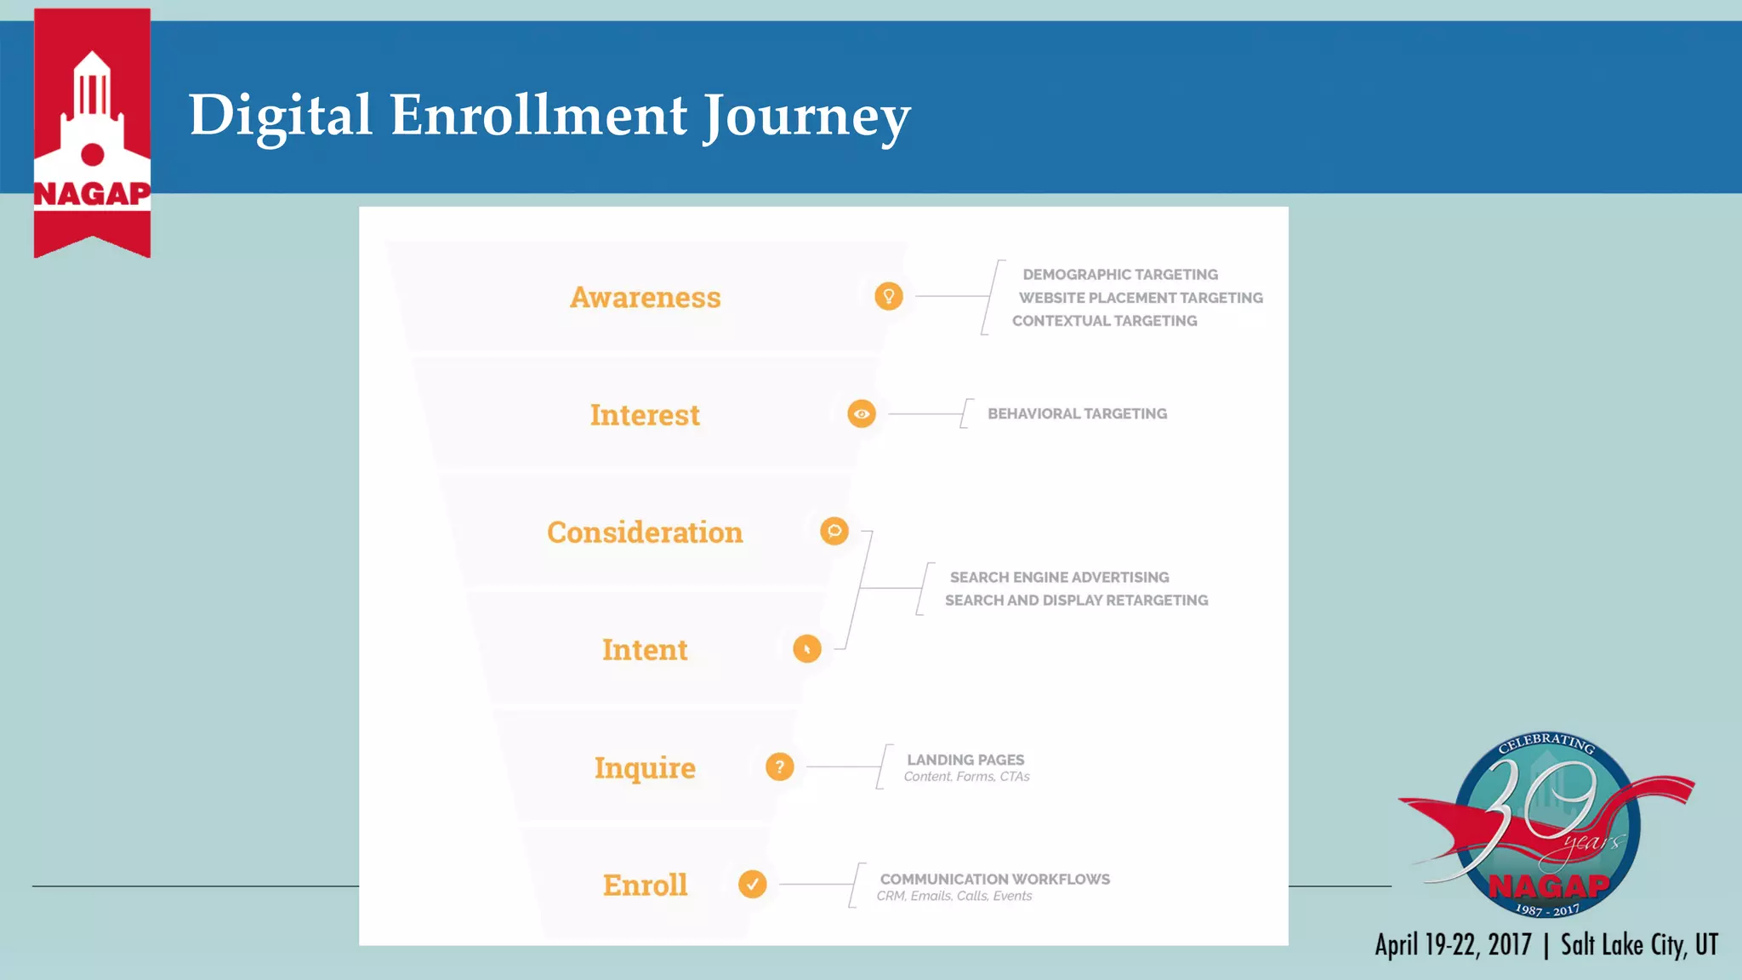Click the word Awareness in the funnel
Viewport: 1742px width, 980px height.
tap(645, 298)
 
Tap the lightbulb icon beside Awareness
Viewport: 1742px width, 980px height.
tap(888, 296)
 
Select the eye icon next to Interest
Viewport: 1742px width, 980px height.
tap(861, 414)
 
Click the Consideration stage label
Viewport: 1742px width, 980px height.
tap(645, 533)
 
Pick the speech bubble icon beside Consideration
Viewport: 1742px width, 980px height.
tap(834, 531)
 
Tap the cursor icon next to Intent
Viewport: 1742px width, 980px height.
tap(806, 649)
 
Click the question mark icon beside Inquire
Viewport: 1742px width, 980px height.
tap(779, 766)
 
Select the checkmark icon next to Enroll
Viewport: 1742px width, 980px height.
tap(752, 884)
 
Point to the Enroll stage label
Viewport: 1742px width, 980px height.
tap(645, 886)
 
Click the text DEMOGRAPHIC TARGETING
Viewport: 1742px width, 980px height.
tap(1119, 275)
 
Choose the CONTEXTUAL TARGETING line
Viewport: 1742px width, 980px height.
tap(1104, 321)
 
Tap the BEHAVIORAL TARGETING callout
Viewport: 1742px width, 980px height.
tap(1077, 413)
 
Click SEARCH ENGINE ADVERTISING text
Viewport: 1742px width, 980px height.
tap(1059, 577)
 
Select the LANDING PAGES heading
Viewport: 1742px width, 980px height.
tap(965, 760)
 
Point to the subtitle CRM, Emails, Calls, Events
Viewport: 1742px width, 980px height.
tap(954, 896)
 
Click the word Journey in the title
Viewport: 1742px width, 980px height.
tap(806, 117)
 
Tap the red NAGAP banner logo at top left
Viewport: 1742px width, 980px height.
tap(92, 132)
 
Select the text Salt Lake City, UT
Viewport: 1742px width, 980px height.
tap(1639, 945)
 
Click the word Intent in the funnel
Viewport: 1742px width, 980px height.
tap(645, 650)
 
